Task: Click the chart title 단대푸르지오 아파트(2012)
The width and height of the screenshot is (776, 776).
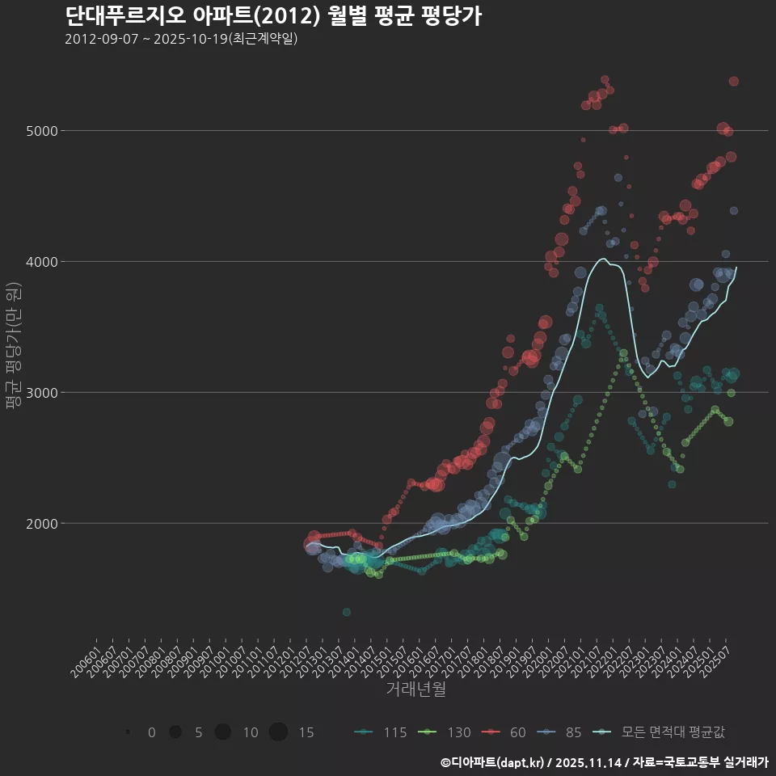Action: (273, 16)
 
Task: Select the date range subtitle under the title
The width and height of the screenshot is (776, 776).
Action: (181, 39)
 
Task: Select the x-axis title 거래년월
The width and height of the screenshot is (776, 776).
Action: (416, 690)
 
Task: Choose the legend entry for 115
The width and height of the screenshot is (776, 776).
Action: (380, 732)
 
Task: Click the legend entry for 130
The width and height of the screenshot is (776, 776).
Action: (444, 732)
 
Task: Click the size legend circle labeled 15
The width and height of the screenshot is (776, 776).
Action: (278, 732)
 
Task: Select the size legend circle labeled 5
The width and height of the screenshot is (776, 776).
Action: (175, 732)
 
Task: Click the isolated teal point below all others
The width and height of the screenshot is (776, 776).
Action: (346, 612)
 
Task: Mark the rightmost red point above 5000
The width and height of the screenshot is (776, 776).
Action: (734, 81)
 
